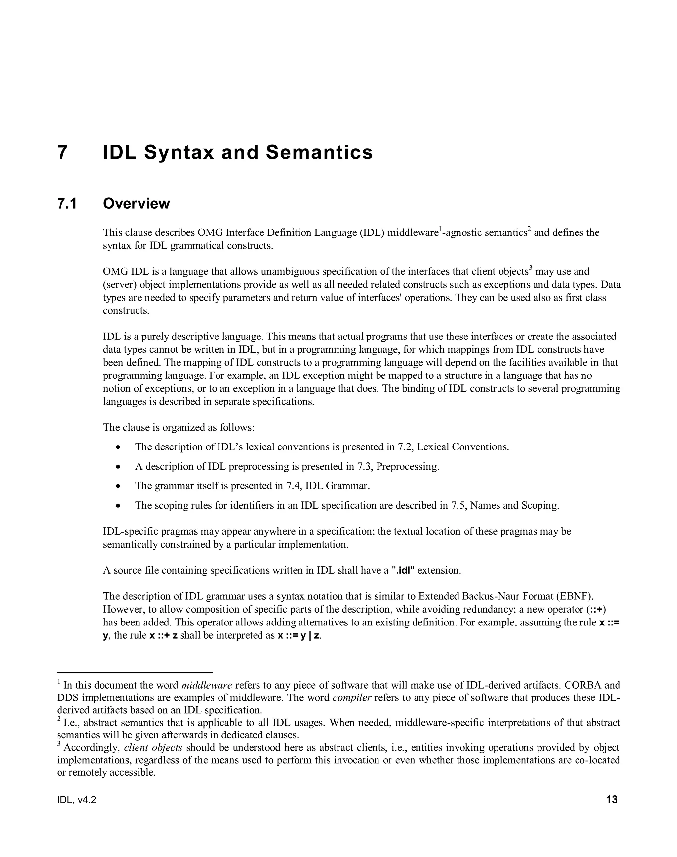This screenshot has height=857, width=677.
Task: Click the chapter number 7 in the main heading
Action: (x=62, y=153)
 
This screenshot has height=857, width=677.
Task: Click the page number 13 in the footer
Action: (x=612, y=800)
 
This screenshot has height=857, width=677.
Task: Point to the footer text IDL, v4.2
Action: (x=76, y=800)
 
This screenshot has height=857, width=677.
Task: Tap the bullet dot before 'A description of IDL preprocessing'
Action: (x=118, y=467)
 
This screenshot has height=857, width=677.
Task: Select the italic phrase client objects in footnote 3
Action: (x=153, y=748)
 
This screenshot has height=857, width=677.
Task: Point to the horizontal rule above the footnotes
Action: (x=135, y=672)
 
